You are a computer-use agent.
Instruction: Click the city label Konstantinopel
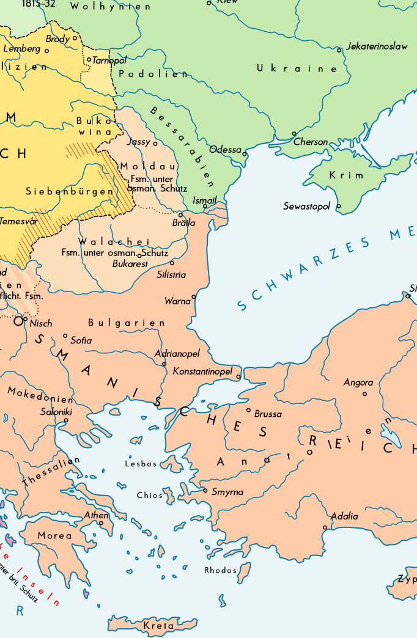pos(202,371)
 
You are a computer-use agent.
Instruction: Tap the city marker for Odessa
pos(245,153)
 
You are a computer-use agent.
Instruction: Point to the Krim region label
pos(347,175)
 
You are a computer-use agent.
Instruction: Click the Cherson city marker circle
pos(294,133)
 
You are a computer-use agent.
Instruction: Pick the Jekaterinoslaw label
pos(377,46)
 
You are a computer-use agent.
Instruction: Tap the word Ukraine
pos(297,68)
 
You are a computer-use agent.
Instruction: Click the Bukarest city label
pos(130,264)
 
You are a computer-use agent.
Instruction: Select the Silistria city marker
pos(172,263)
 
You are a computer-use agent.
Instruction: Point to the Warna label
pos(177,301)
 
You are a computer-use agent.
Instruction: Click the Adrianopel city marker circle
pos(164,364)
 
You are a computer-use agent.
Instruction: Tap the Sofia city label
pos(81,340)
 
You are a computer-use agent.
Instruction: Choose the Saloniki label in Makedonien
pos(56,412)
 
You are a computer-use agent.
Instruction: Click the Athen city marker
pos(101,522)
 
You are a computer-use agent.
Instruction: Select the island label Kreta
pos(158,626)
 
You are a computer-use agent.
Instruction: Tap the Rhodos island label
pos(220,570)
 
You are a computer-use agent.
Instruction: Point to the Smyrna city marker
pos(205,490)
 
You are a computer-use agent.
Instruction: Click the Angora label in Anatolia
pos(358,383)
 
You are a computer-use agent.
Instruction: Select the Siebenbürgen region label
pos(70,191)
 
